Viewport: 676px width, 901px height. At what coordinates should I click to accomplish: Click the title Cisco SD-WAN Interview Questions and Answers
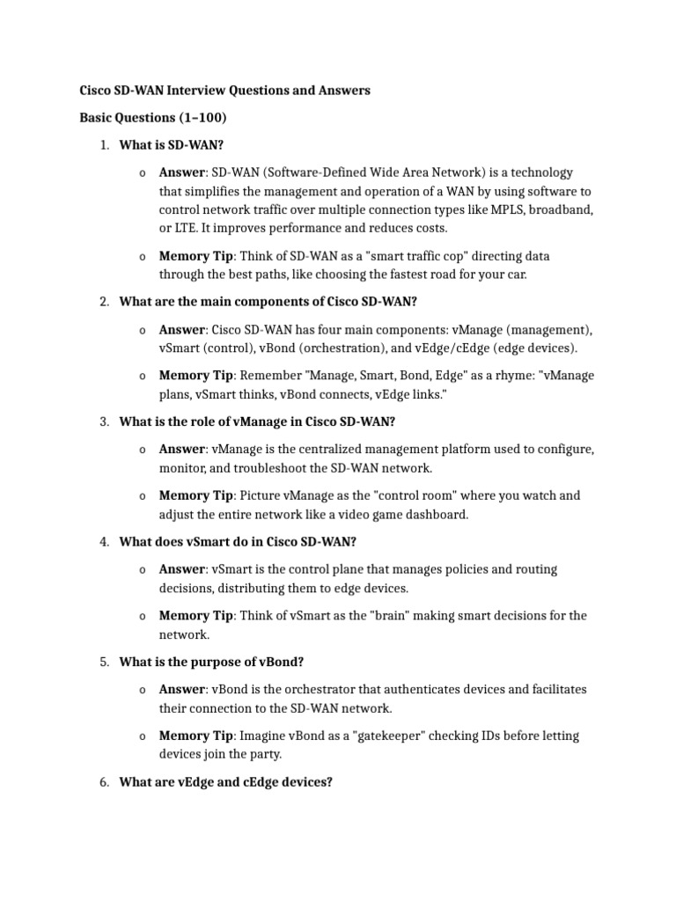coord(225,91)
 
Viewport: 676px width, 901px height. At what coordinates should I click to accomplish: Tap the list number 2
coord(103,302)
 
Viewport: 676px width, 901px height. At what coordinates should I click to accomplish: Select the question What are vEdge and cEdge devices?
coord(225,781)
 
